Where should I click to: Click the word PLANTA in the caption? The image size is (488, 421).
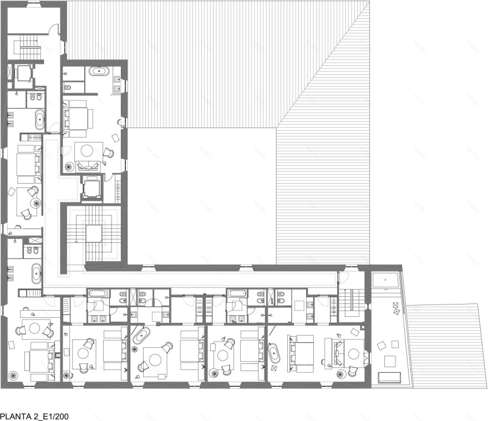pos(14,417)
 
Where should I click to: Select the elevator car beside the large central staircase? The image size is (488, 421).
pos(92,188)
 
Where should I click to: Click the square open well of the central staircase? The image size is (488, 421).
pos(94,234)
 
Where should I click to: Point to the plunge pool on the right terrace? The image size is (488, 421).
pos(385,280)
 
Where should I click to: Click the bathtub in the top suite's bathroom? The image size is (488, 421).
pos(99,72)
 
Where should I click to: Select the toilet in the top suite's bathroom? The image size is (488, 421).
pos(68,88)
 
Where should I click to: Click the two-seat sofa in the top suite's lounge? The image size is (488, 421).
pos(88,166)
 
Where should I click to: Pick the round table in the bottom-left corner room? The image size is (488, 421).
pos(34,328)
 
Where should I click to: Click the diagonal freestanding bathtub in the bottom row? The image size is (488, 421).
pos(141,335)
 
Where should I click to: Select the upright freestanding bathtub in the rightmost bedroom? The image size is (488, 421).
pos(274,353)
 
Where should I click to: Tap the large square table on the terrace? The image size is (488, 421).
pos(390,361)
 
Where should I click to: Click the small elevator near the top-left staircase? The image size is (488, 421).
pos(23,73)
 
